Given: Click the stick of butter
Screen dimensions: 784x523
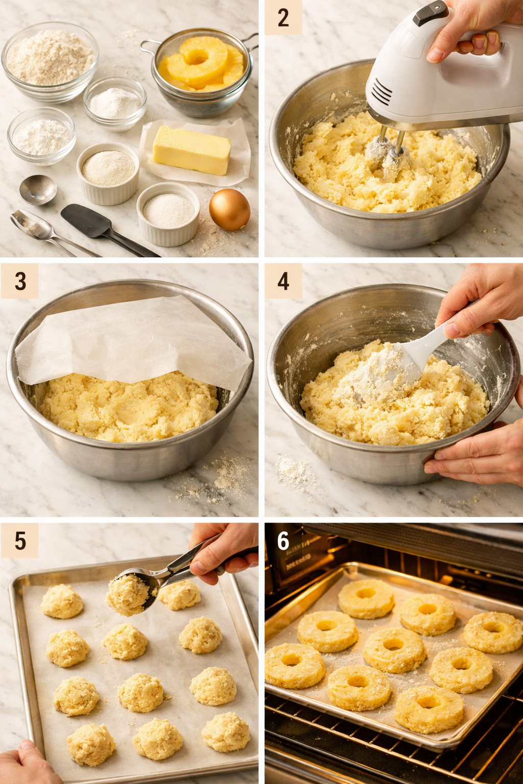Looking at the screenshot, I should (x=192, y=150).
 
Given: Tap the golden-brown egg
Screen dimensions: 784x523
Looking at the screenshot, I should (x=229, y=209).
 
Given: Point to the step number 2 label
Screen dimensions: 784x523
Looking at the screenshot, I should (x=283, y=18).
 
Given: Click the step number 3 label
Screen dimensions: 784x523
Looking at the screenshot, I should (x=20, y=281).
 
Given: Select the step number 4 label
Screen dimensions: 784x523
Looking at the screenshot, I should (x=283, y=281).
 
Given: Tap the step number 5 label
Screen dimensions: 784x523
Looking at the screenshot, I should (x=20, y=541).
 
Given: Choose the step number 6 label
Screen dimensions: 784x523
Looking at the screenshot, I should (x=283, y=541).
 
